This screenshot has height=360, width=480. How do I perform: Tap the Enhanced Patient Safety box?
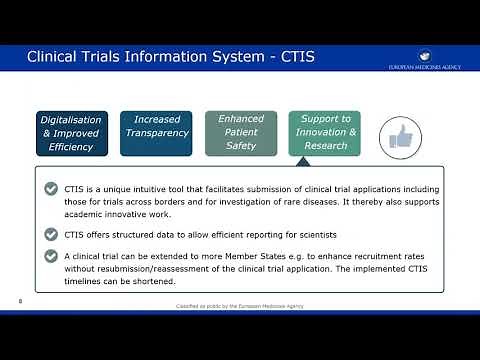coord(241,132)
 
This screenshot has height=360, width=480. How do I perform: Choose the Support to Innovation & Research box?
coord(325,132)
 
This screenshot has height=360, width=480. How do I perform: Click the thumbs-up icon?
coord(401,136)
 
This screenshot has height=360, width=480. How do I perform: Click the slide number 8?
coord(21,298)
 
